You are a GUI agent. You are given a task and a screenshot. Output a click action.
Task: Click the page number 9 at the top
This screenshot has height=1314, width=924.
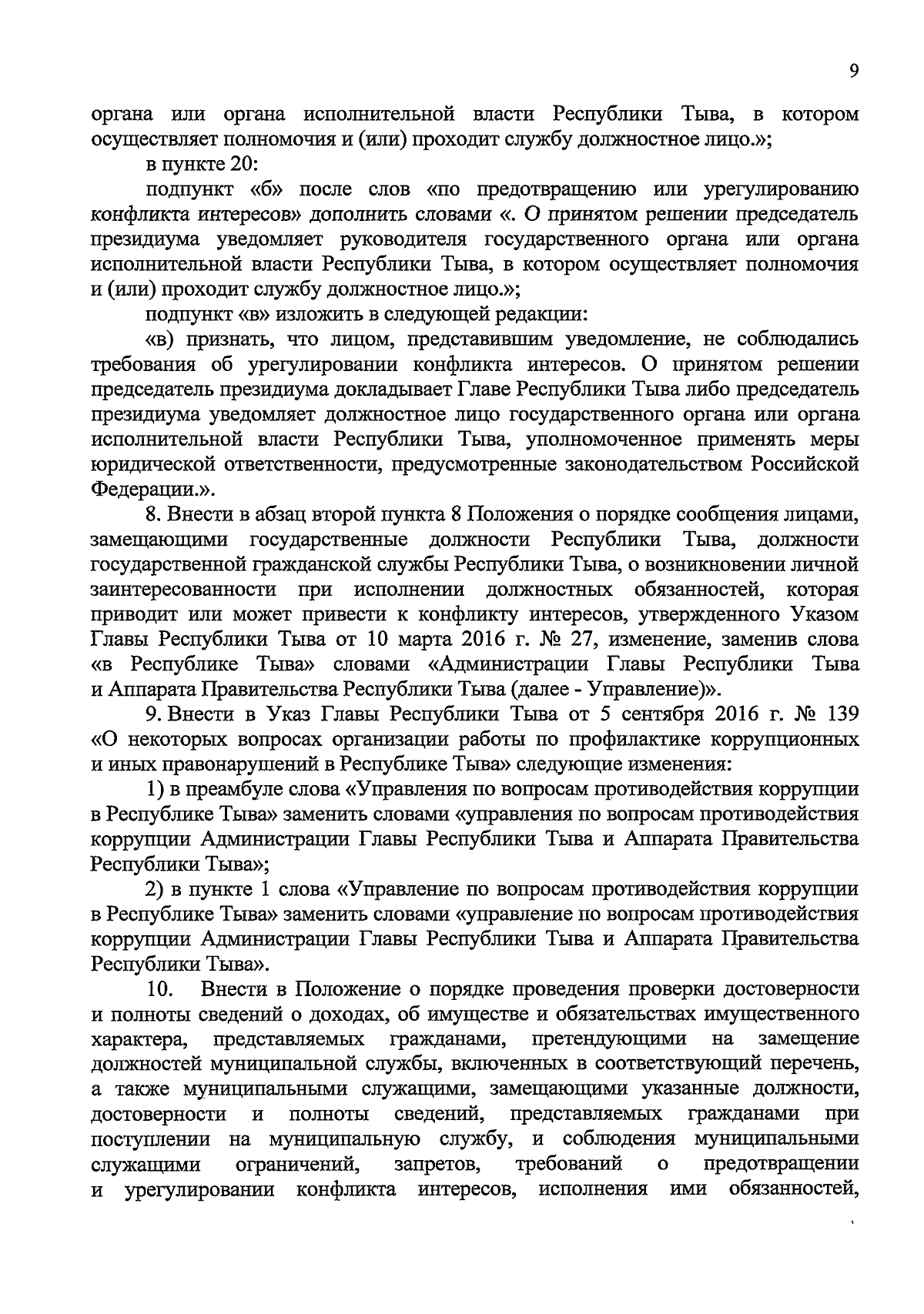tap(853, 71)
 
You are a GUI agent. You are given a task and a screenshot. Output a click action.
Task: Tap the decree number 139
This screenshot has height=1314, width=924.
tap(841, 714)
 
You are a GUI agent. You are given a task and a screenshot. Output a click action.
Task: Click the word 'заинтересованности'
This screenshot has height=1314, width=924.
tap(183, 590)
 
